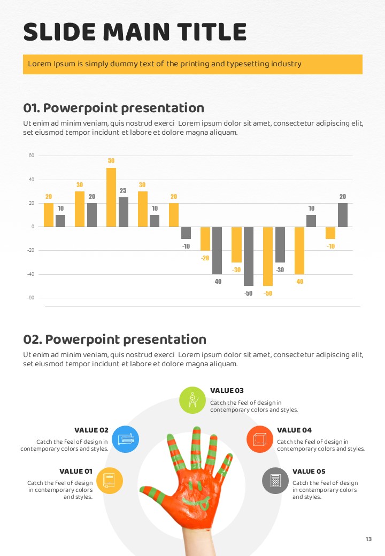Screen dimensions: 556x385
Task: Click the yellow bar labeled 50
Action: pos(111,197)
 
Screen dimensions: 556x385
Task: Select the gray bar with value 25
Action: pos(124,212)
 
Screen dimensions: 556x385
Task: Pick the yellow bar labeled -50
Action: pos(267,256)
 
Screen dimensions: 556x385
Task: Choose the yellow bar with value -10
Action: pos(330,233)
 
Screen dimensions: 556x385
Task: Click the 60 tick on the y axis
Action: pos(31,156)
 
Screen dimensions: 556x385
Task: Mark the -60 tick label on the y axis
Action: pos(30,298)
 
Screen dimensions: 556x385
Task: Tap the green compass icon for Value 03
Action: pos(193,400)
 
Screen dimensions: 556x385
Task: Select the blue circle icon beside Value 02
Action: pos(126,439)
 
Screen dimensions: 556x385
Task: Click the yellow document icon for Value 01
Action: pos(109,480)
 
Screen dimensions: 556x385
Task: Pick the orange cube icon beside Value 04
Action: pos(260,439)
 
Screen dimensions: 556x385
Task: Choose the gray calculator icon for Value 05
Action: pos(275,480)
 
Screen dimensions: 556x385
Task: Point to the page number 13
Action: pos(368,539)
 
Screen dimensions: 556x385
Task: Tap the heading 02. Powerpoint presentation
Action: pos(114,339)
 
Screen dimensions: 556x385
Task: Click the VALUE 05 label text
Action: pos(309,472)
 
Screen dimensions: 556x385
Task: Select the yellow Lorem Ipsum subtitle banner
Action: pos(192,64)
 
